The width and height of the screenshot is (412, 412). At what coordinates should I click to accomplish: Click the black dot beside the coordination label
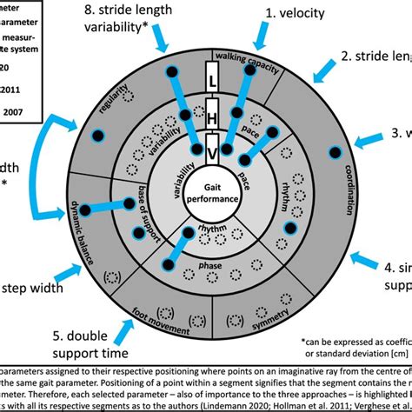click(x=334, y=155)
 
